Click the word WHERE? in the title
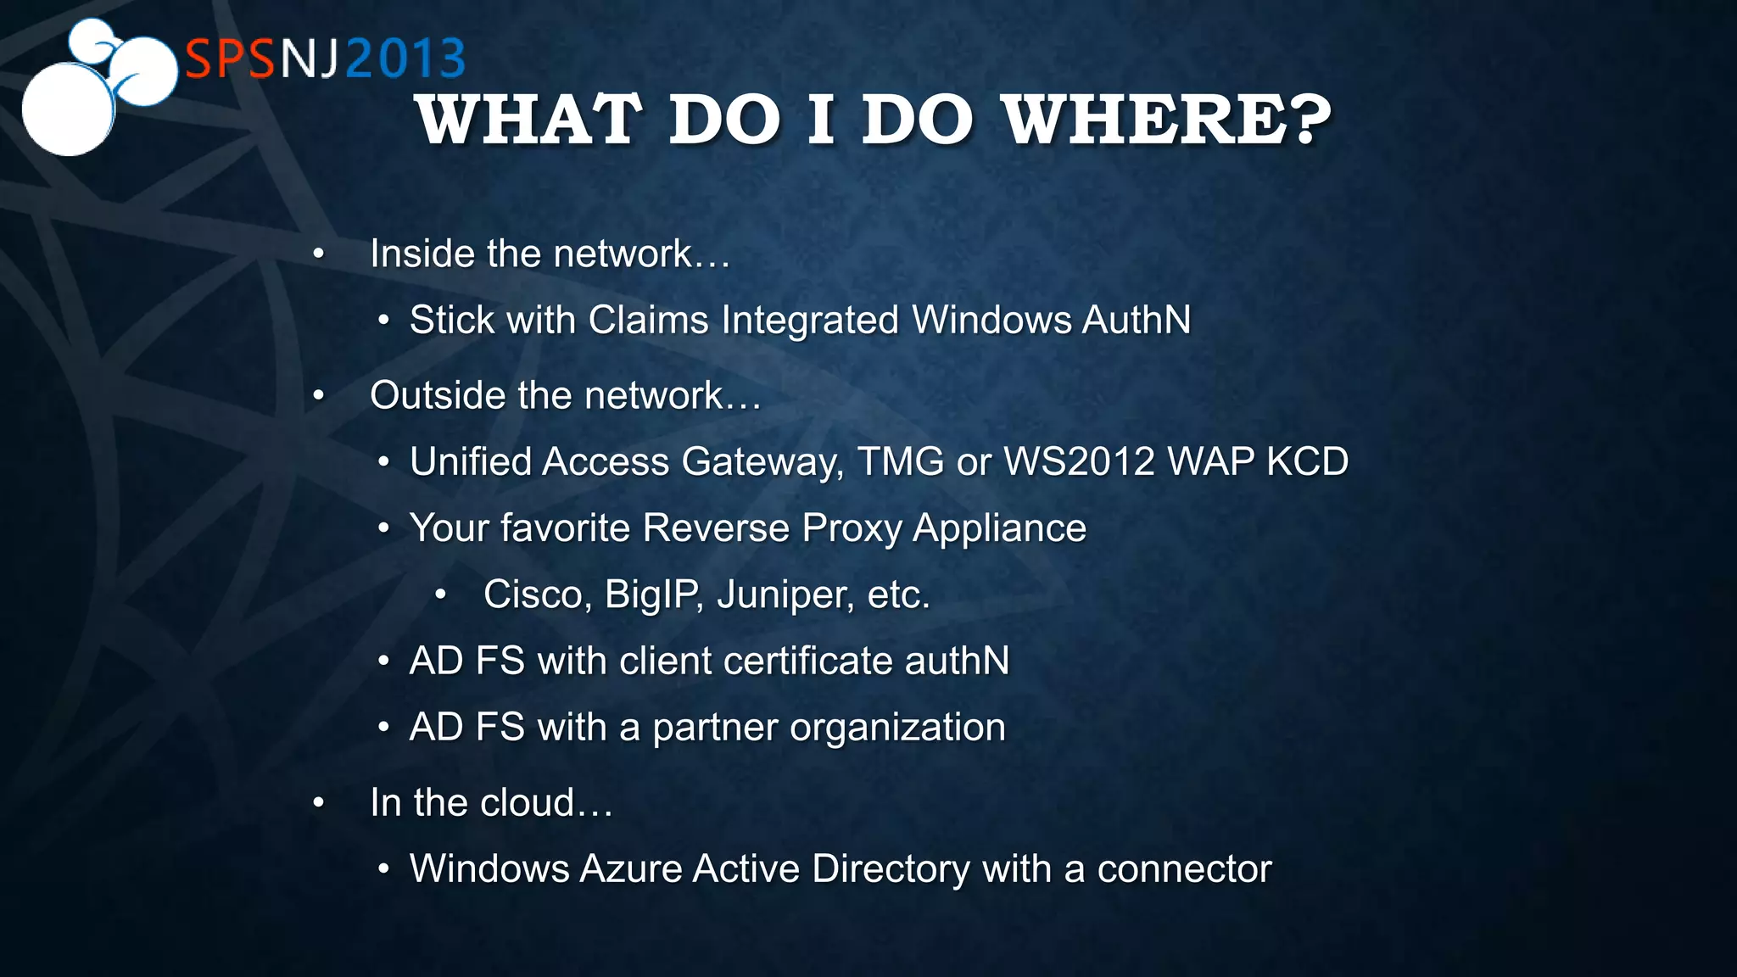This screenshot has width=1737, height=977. click(1168, 120)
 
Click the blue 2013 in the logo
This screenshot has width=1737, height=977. click(405, 59)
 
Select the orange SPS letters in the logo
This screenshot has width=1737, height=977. click(230, 59)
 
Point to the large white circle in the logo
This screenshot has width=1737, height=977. click(68, 110)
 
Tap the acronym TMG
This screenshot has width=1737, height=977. click(900, 462)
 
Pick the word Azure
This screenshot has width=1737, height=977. click(631, 869)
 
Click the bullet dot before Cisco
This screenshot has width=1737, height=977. click(440, 595)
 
